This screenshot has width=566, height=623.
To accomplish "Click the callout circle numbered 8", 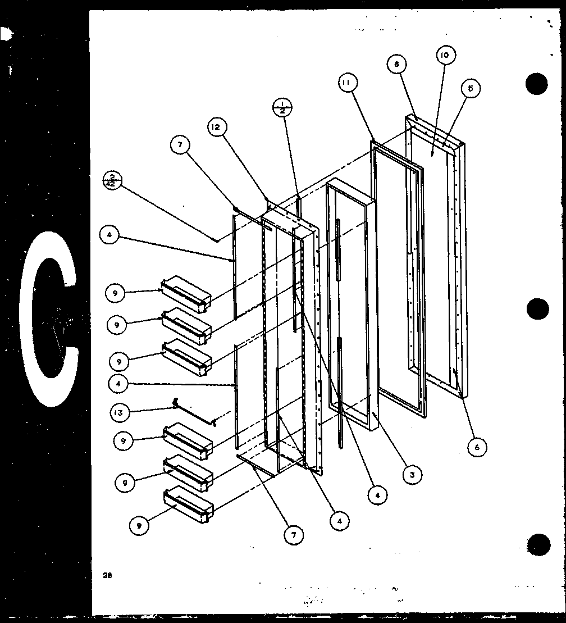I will point(396,65).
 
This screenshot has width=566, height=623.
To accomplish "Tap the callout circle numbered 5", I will point(471,88).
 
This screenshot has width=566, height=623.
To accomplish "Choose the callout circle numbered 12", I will point(217,128).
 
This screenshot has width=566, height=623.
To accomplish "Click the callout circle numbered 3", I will point(412,475).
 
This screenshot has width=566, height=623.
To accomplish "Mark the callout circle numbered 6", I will point(477,447).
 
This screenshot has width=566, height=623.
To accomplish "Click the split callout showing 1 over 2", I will point(282,107).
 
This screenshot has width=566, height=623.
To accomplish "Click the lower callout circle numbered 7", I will point(293,535).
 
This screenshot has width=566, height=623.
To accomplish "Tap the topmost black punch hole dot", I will point(536,84).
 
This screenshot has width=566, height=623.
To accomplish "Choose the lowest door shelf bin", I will point(188,503).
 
